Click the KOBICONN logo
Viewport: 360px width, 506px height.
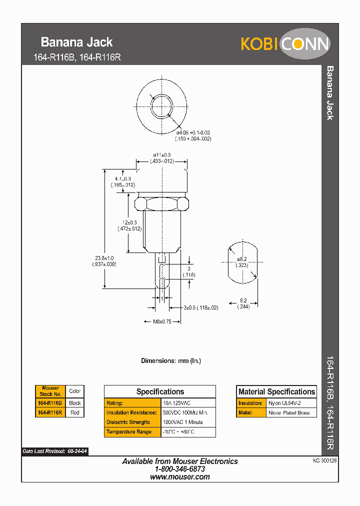click(x=285, y=44)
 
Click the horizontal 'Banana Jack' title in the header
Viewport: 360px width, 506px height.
click(x=76, y=42)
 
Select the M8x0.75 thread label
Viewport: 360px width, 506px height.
click(x=161, y=322)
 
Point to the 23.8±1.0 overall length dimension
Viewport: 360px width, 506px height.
click(x=105, y=261)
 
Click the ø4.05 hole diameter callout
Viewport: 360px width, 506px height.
click(x=192, y=135)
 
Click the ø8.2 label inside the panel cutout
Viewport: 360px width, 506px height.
click(x=242, y=261)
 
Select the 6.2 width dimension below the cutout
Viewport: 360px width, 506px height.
click(x=243, y=303)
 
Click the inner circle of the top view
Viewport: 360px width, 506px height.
click(x=161, y=105)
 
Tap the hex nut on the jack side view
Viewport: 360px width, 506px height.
click(x=161, y=204)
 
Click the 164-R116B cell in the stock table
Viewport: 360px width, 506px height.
click(x=50, y=403)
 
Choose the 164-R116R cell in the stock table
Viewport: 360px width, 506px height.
click(x=50, y=413)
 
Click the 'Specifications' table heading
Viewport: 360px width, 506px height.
click(x=160, y=392)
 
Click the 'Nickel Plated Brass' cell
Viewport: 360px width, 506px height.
click(x=290, y=413)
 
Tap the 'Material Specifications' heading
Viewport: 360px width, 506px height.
click(x=276, y=392)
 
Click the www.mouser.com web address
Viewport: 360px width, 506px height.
click(x=180, y=477)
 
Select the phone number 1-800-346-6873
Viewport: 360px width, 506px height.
click(x=180, y=469)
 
